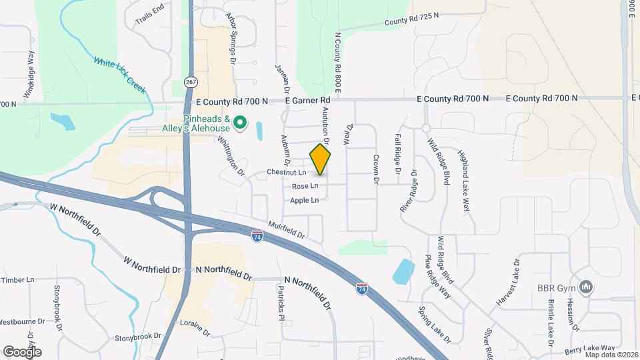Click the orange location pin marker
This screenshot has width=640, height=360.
pos(320,160)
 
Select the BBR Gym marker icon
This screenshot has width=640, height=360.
pos(587,287)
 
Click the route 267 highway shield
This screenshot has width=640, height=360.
pos(191,82)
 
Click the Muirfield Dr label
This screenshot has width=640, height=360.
pos(286,231)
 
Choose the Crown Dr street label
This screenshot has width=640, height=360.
pos(376,169)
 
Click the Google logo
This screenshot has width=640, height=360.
pos(22,351)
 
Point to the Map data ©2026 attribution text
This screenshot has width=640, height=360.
pos(611,355)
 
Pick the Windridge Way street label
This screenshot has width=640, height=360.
pos(30,75)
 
